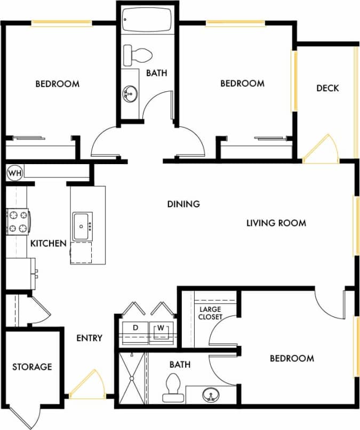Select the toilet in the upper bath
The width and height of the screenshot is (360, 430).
coord(138,55)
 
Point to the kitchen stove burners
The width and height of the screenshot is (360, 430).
coord(18,222)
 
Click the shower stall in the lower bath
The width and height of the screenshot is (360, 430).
coord(131,378)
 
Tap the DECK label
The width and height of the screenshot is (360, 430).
coord(327,88)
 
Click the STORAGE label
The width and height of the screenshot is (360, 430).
coord(32,367)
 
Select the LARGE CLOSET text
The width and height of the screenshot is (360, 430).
coord(210,313)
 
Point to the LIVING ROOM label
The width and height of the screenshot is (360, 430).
coord(276,223)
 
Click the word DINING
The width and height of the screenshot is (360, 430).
coord(183,204)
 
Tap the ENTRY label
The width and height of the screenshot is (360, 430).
coord(89,338)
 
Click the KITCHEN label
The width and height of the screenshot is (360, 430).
coord(48,244)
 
